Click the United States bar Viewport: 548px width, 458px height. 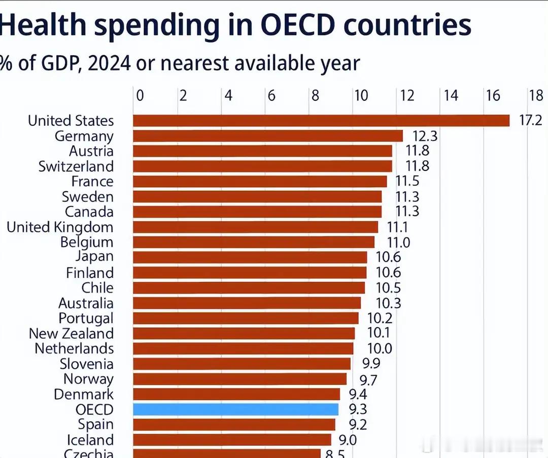(x=321, y=120)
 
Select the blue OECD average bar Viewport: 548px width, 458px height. (x=236, y=409)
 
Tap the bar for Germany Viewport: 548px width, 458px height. (x=268, y=136)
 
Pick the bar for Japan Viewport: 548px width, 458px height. (x=250, y=257)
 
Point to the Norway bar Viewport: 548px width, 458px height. (x=239, y=379)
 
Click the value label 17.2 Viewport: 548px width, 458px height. (x=531, y=121)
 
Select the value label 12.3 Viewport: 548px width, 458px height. (x=425, y=136)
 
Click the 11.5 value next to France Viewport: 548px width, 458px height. (x=408, y=181)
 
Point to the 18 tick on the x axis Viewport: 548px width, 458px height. (x=536, y=95)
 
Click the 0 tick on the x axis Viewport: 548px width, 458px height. (x=140, y=95)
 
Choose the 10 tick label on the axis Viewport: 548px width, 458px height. (x=361, y=95)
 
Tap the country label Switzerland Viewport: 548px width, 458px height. (x=76, y=166)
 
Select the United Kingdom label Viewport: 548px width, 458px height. (x=60, y=227)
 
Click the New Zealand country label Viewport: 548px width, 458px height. (x=71, y=334)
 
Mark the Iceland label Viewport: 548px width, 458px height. (x=90, y=440)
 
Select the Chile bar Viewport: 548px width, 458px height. (x=249, y=288)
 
